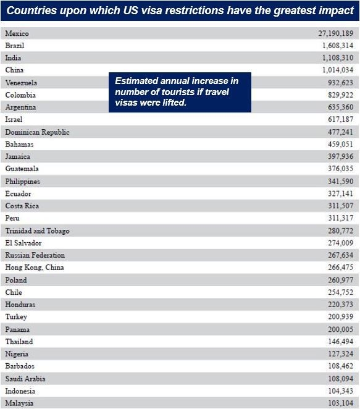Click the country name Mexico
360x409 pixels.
17,33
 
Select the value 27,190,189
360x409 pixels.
336,33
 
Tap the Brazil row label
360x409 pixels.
15,46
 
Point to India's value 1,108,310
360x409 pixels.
338,57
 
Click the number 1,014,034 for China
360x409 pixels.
338,70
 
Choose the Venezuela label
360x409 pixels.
21,83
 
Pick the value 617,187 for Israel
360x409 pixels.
341,119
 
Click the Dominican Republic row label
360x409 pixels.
37,132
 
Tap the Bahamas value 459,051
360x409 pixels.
341,144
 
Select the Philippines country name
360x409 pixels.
23,182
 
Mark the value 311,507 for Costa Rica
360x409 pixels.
341,206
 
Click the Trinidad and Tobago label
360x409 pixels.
37,231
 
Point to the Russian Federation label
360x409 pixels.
35,255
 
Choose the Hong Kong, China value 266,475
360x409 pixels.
341,267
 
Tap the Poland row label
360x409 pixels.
16,280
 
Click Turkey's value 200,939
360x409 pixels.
341,316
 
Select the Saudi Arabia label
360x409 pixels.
25,379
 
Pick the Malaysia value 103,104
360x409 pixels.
341,403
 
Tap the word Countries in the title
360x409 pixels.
31,11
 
